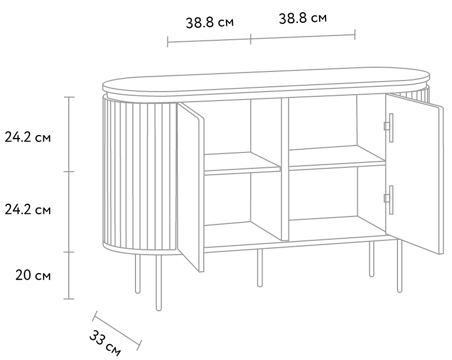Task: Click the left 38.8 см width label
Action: [x=210, y=23]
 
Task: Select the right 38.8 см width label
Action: [x=303, y=19]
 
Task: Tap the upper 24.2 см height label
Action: [x=28, y=138]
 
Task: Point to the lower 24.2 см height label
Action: [x=28, y=210]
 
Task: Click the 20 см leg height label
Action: [x=33, y=275]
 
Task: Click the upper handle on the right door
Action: [x=389, y=128]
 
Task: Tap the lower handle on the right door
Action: [x=389, y=200]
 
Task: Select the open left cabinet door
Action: [x=191, y=187]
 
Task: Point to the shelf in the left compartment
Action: [x=242, y=164]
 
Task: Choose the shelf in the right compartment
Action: [x=337, y=157]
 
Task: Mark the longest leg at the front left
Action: [x=159, y=283]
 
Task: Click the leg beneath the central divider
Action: [x=260, y=268]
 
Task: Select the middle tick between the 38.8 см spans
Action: [x=250, y=39]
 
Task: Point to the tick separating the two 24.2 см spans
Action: [x=69, y=172]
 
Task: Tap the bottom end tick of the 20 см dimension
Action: [x=69, y=299]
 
